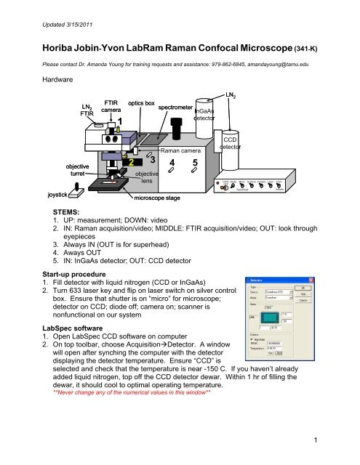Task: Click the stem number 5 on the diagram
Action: pos(196,162)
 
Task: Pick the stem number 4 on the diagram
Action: pos(171,162)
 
